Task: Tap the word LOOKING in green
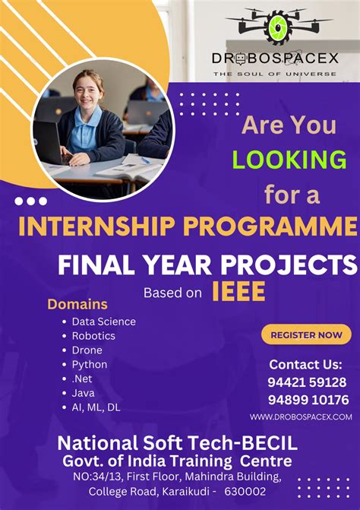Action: pos(289,160)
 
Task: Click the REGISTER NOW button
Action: pos(306,334)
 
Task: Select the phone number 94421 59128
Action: pos(307,382)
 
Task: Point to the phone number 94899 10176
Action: pos(307,400)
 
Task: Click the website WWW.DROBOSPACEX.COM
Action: pos(301,417)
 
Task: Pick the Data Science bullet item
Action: pos(103,322)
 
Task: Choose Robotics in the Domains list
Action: pos(93,336)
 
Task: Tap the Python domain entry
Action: pos(90,365)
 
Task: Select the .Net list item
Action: pos(83,379)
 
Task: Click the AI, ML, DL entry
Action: pos(96,407)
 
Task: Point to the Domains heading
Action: pos(77,304)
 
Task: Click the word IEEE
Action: pos(238,291)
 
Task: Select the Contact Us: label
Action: pos(306,364)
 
